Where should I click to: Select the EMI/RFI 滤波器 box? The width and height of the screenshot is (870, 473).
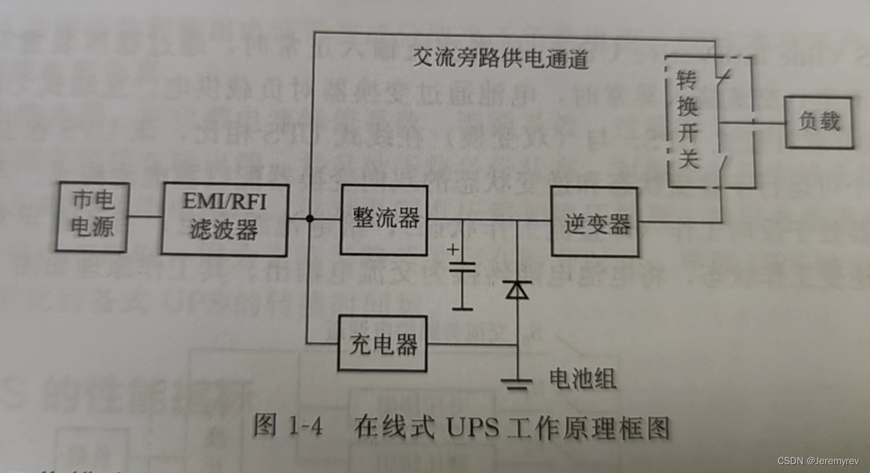[224, 219]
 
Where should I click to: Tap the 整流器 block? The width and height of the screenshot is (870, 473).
[385, 219]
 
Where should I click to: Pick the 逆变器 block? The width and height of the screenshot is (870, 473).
[595, 222]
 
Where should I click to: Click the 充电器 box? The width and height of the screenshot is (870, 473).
[383, 344]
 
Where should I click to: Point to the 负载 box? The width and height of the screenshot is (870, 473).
[818, 122]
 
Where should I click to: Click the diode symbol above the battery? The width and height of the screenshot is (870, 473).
[517, 290]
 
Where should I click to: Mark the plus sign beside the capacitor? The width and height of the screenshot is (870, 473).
[453, 249]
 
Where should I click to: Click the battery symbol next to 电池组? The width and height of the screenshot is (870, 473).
[517, 384]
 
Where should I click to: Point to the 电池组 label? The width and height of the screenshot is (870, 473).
[582, 379]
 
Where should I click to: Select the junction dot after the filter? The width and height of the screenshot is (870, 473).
[309, 219]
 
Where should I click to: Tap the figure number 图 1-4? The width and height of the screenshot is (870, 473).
[288, 426]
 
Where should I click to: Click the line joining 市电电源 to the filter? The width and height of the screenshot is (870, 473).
[144, 217]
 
